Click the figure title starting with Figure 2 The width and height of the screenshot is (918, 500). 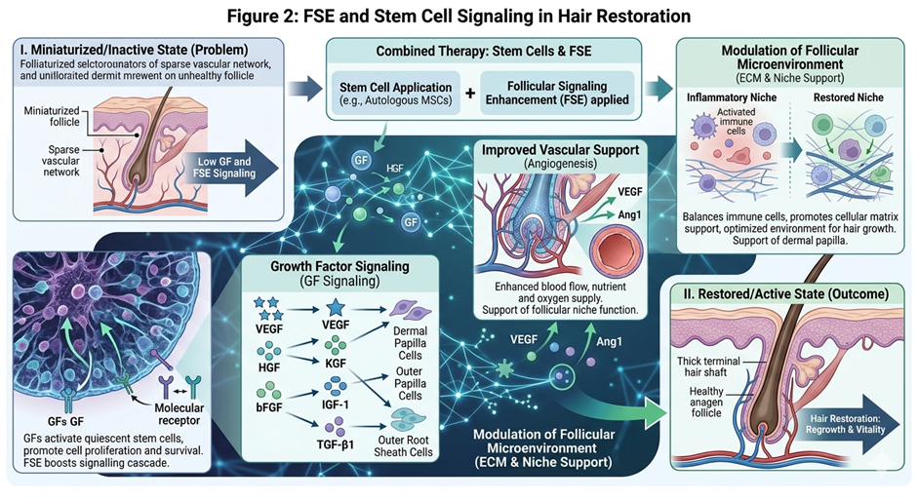coord(459,16)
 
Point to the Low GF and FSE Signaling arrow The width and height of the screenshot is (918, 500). coord(230,168)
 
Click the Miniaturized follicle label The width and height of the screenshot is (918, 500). coord(52,117)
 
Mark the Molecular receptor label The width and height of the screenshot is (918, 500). coord(169,408)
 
